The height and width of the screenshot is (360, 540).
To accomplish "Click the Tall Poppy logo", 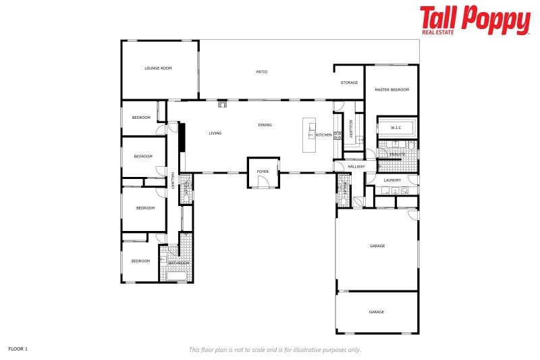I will tap(475, 20).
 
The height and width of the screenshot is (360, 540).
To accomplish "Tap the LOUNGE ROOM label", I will tap(158, 68).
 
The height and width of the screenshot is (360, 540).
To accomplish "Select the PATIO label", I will tap(262, 72).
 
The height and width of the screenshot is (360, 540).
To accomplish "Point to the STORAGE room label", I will tap(349, 82).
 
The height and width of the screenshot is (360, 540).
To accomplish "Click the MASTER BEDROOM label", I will tap(391, 90).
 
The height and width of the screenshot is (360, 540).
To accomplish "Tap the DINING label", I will tap(265, 125).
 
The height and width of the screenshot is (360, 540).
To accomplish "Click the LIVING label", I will tap(215, 133).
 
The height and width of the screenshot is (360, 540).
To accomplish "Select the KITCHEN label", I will tap(324, 135).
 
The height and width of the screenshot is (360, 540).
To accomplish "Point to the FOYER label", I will tap(263, 172).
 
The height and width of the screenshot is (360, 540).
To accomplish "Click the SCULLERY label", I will tap(351, 128).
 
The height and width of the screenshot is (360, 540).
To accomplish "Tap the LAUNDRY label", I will tap(392, 180).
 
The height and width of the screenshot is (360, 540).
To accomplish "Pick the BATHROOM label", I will tap(178, 262).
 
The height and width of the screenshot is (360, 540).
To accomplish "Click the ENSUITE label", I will tap(397, 155).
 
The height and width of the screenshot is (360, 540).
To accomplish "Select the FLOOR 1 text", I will tap(18, 349).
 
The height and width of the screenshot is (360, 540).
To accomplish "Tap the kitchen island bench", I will tap(310, 135).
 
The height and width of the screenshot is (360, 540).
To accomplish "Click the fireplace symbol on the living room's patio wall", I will tap(223, 104).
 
